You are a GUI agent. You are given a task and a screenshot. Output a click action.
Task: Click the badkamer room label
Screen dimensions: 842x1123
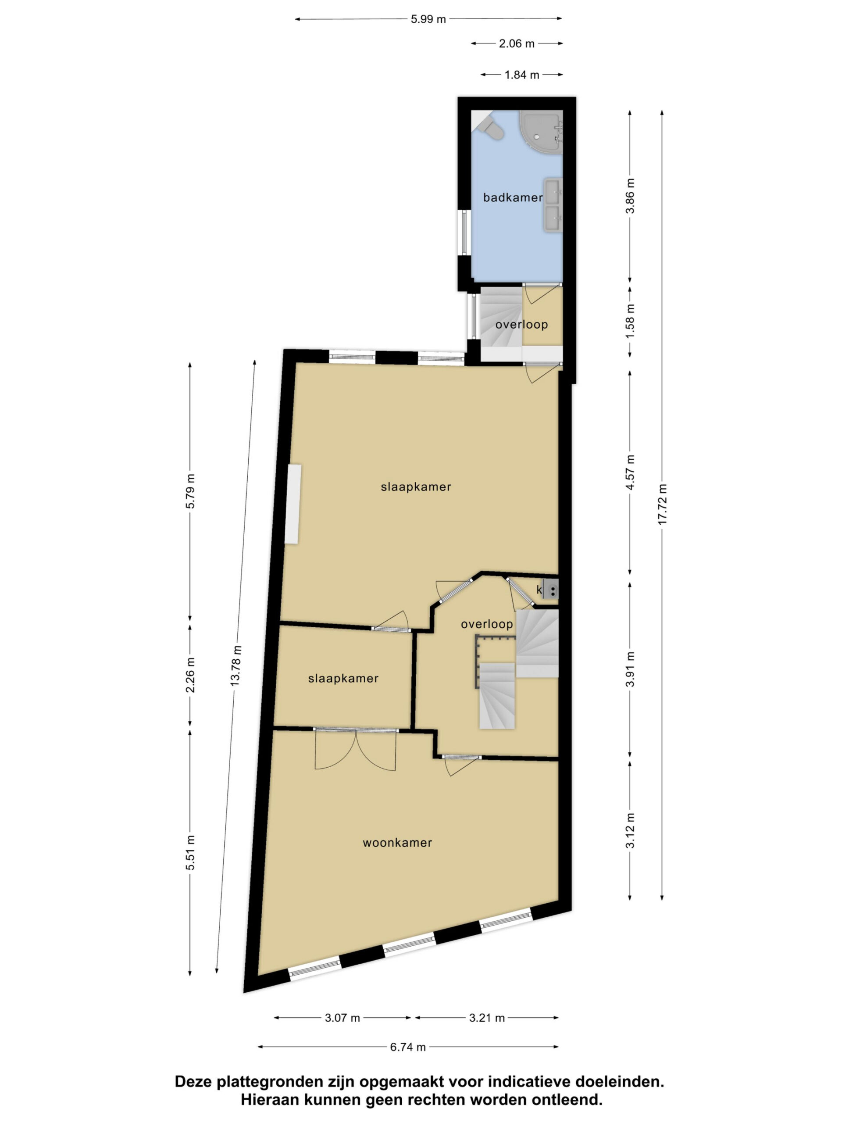tap(513, 197)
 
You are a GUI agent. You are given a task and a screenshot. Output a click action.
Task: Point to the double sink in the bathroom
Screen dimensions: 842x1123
tap(553, 204)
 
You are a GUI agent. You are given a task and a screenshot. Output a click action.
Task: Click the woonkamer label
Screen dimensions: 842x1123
tap(397, 843)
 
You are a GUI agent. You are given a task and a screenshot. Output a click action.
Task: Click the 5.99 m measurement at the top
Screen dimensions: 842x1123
tap(428, 19)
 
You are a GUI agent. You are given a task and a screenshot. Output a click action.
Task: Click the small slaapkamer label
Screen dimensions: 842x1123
tap(343, 679)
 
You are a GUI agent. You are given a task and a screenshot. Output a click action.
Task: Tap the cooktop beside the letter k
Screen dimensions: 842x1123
tap(551, 590)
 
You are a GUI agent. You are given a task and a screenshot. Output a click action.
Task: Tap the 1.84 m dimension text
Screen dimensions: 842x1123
tap(522, 75)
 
